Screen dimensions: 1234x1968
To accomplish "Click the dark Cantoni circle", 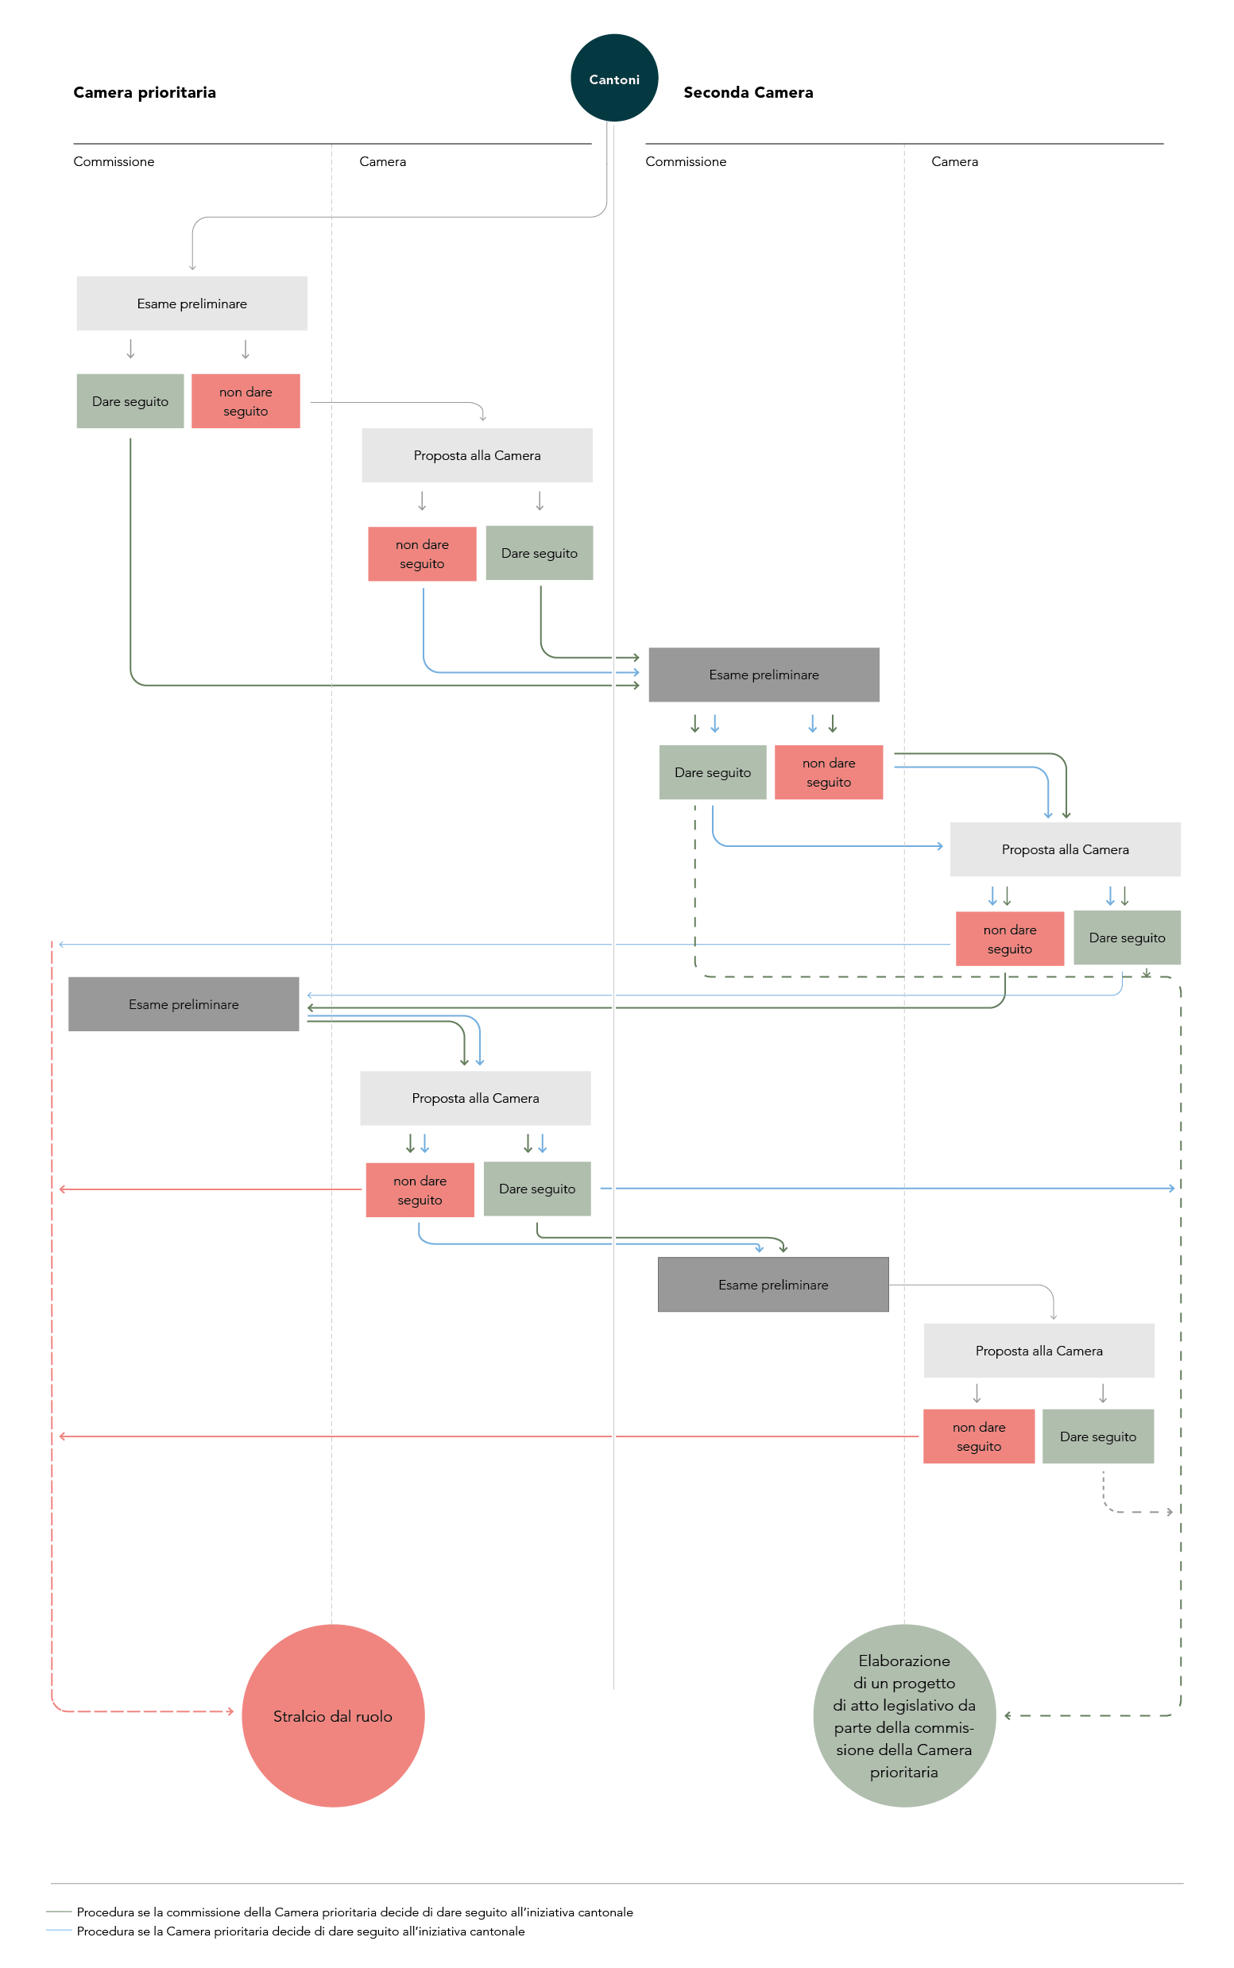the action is pos(613,79).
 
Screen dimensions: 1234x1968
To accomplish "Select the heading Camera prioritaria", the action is pos(145,92).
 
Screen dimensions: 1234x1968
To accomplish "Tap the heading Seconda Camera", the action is pos(749,92).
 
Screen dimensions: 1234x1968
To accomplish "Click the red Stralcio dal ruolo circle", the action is pos(333,1715).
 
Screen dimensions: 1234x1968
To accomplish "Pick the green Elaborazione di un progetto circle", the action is pos(904,1715).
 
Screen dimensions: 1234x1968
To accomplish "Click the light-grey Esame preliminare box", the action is pos(191,304).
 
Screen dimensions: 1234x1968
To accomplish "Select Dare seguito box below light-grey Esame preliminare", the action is pos(130,401).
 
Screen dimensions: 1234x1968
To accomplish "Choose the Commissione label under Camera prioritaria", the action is pos(114,161).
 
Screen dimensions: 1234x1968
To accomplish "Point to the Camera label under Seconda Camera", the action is pos(955,161).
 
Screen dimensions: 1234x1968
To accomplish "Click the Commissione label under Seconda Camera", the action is pos(686,161).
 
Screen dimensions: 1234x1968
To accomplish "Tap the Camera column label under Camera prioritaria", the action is pos(383,161).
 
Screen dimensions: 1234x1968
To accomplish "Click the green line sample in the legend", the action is pos(60,1911).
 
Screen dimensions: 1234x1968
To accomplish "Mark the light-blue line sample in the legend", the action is pos(60,1931).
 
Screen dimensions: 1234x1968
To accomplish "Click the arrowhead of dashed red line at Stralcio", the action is pos(231,1711).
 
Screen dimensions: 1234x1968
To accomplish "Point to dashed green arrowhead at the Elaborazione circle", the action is pos(1008,1715).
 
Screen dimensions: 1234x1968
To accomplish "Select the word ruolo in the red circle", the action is pos(373,1716).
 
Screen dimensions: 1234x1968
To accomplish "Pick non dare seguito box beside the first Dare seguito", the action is pos(246,401).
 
